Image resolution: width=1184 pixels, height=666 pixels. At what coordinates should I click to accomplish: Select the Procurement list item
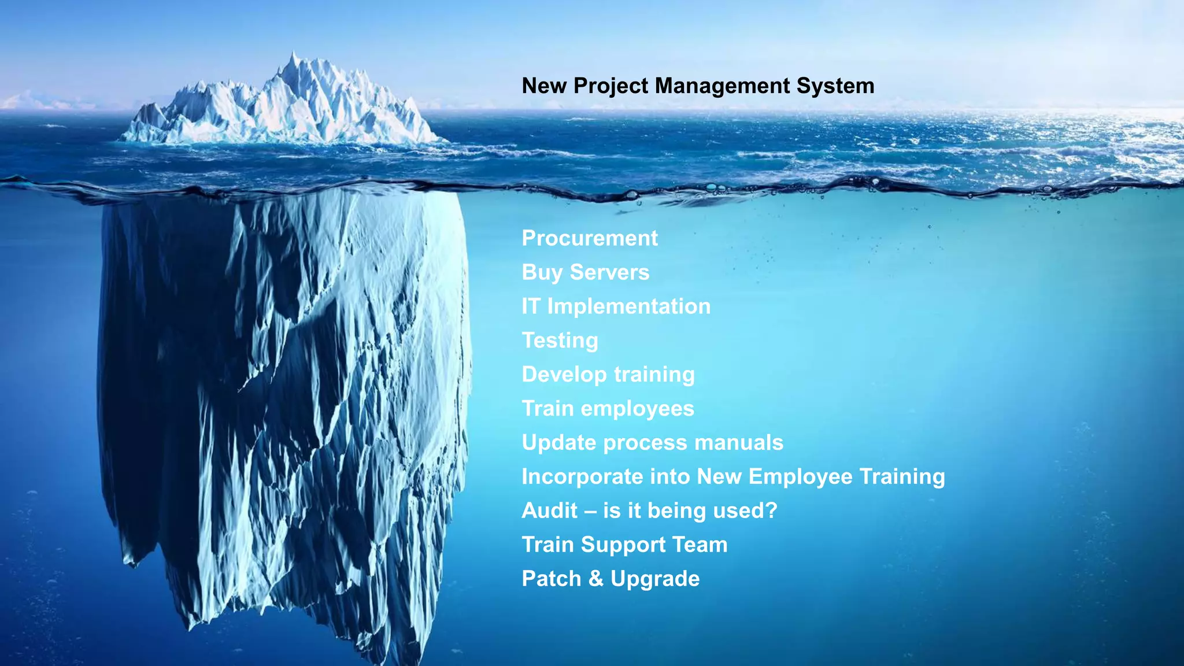click(x=589, y=238)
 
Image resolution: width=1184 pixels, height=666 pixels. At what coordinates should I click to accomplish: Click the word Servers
click(x=609, y=272)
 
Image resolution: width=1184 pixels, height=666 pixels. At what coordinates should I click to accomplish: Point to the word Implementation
click(x=628, y=306)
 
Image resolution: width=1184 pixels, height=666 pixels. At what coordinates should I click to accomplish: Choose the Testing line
click(x=560, y=341)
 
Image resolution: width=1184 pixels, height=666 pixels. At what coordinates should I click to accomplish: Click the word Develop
click(x=564, y=375)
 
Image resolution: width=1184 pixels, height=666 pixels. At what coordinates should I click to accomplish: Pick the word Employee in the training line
click(x=800, y=477)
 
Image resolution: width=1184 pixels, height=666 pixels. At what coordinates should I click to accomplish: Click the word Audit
click(x=549, y=511)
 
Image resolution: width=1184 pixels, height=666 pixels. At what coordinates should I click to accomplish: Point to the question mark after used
click(x=771, y=511)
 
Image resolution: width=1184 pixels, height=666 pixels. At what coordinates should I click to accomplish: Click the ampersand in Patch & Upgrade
click(x=595, y=579)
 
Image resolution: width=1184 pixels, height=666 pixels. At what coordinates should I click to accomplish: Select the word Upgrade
click(x=654, y=579)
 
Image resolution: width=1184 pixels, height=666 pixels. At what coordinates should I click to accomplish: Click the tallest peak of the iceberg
click(x=293, y=55)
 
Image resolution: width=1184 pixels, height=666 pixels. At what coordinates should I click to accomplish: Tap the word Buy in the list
click(x=542, y=272)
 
